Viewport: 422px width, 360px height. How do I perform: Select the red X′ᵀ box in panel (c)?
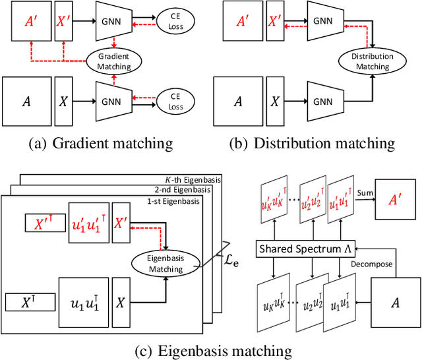pyautogui.click(x=44, y=224)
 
